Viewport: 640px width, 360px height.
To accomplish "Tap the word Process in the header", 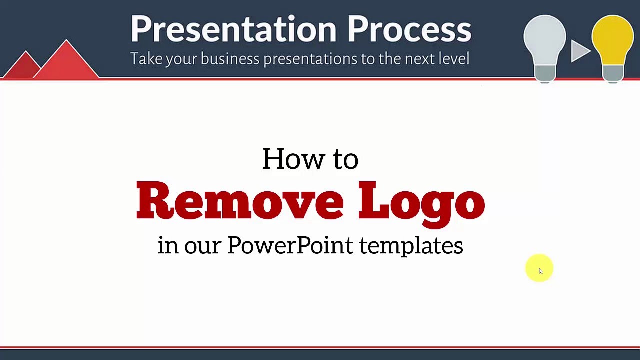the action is click(x=409, y=29).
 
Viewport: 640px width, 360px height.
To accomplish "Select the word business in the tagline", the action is click(x=230, y=59).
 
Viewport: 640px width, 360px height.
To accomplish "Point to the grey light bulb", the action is click(x=545, y=48).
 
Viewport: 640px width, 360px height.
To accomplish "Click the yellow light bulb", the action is click(x=613, y=48).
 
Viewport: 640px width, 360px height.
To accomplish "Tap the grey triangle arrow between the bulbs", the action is click(x=580, y=51).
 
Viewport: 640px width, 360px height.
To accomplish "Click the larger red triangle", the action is click(x=66, y=60).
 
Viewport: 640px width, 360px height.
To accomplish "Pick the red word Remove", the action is click(x=240, y=200).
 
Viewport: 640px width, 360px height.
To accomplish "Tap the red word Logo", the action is click(x=421, y=204).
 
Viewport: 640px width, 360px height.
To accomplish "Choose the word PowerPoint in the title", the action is click(x=290, y=245).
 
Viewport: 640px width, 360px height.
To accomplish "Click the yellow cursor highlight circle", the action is click(x=539, y=268).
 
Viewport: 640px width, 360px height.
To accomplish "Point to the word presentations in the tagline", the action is click(x=310, y=59).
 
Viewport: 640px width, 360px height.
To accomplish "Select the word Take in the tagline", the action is click(x=147, y=58).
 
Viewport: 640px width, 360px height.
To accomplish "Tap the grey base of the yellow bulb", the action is click(x=613, y=74).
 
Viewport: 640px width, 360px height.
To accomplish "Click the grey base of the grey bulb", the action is click(x=545, y=74).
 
